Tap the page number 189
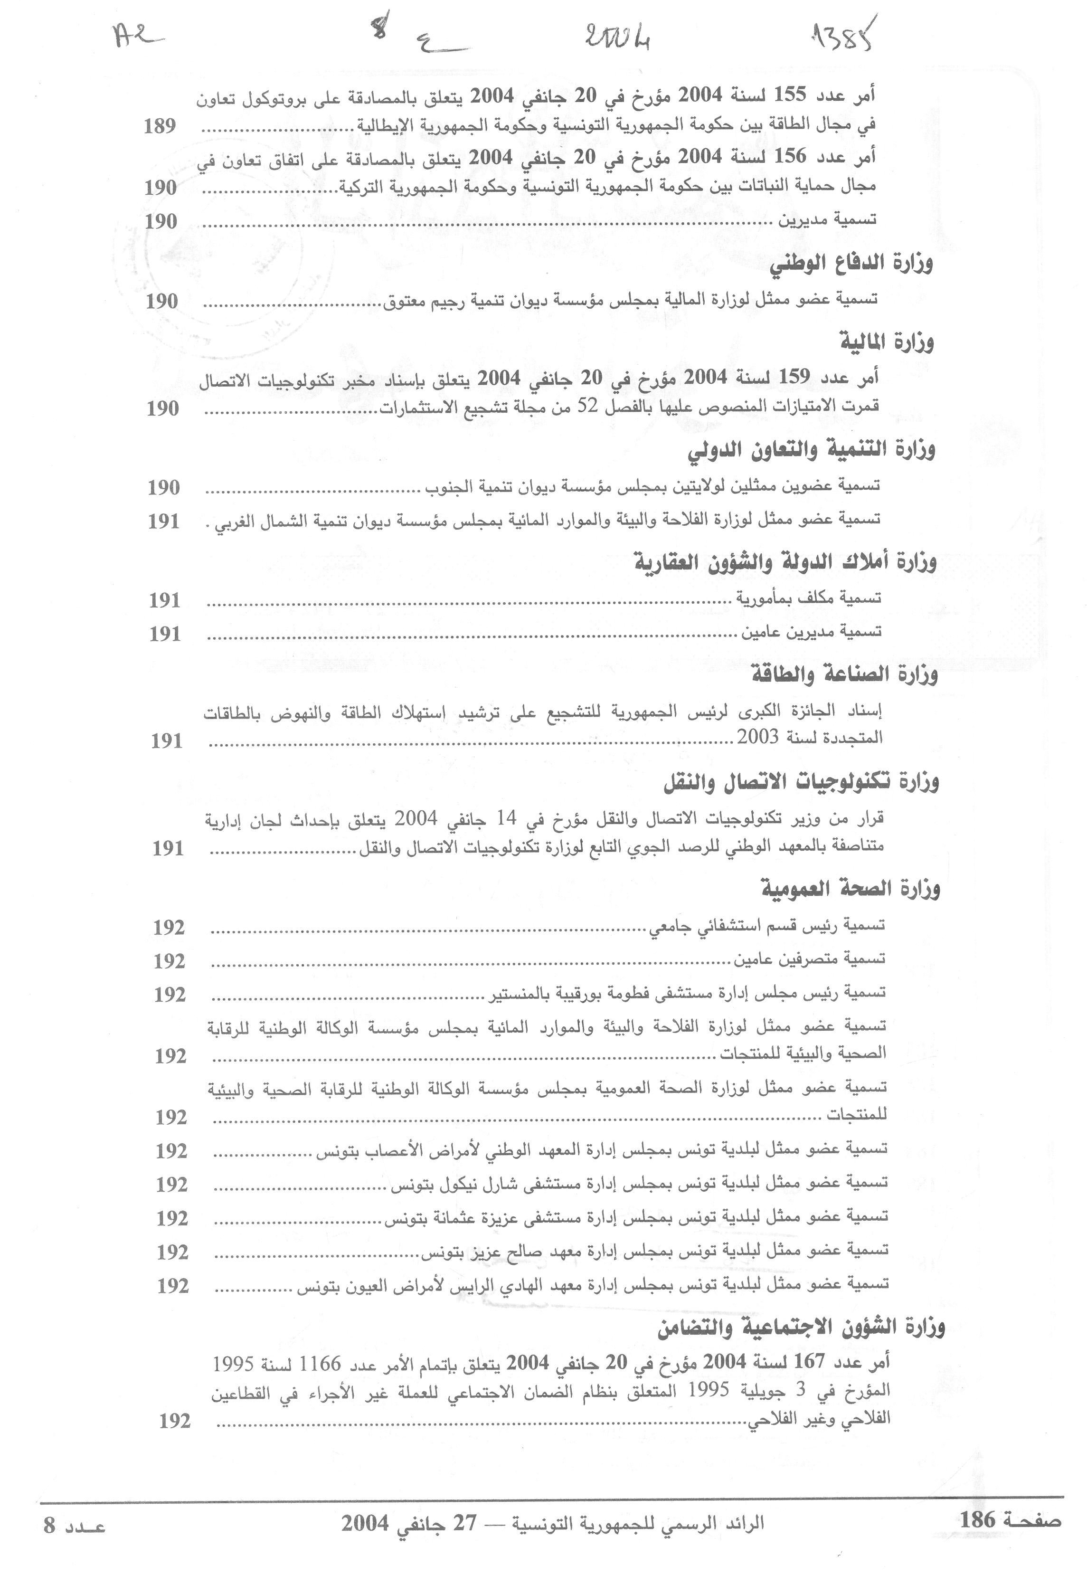tap(160, 126)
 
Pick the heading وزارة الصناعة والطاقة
tap(844, 675)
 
